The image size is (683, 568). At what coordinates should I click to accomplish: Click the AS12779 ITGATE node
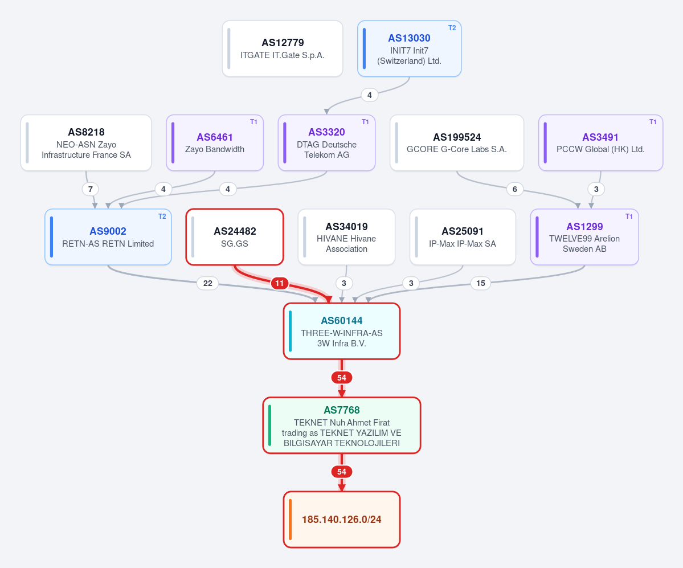[283, 49]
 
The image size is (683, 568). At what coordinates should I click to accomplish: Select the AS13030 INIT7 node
[410, 49]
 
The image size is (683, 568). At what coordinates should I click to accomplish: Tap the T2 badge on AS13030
[452, 28]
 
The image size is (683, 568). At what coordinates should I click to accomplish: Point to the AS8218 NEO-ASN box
[86, 143]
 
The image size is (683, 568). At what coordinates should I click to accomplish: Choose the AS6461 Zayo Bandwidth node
[215, 143]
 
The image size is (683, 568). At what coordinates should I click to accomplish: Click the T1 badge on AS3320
[366, 122]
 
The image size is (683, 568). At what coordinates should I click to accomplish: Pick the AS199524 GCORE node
[457, 143]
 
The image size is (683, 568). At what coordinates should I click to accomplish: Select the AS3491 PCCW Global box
[600, 143]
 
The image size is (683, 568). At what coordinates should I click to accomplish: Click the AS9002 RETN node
[108, 237]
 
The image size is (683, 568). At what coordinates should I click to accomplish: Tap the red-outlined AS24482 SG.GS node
[235, 237]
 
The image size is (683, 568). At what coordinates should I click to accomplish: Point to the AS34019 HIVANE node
[347, 237]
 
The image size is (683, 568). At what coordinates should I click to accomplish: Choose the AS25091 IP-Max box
[463, 237]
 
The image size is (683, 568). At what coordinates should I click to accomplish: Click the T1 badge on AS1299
[629, 216]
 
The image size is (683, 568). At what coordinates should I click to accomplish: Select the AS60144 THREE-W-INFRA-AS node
[342, 332]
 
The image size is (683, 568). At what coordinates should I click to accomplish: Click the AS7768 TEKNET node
[342, 426]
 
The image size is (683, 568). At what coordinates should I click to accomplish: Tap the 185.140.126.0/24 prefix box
[342, 520]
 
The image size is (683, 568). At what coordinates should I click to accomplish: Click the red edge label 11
[280, 283]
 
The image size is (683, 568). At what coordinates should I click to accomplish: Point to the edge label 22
[208, 283]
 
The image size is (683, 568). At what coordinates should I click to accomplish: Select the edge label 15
[480, 283]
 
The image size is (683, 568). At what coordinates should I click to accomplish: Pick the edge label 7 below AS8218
[90, 189]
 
